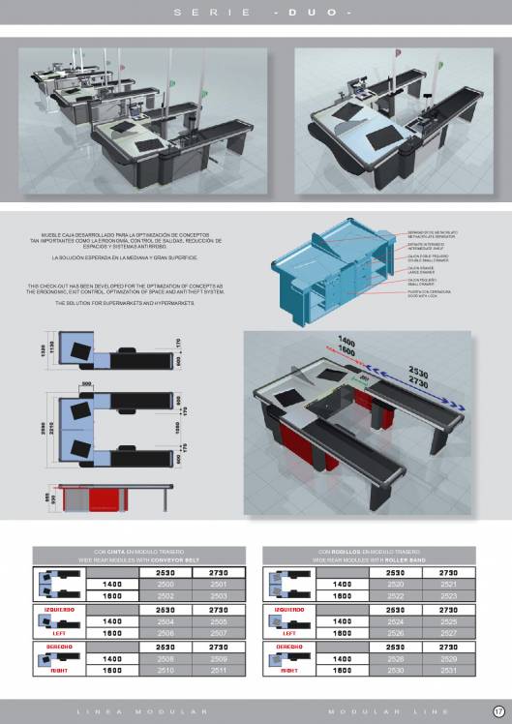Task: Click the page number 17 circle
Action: click(x=498, y=711)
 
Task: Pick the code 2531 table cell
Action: click(x=447, y=669)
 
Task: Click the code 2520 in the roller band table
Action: click(x=395, y=585)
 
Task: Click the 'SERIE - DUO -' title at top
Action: click(x=256, y=12)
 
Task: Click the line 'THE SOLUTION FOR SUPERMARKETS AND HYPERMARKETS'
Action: click(x=126, y=303)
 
